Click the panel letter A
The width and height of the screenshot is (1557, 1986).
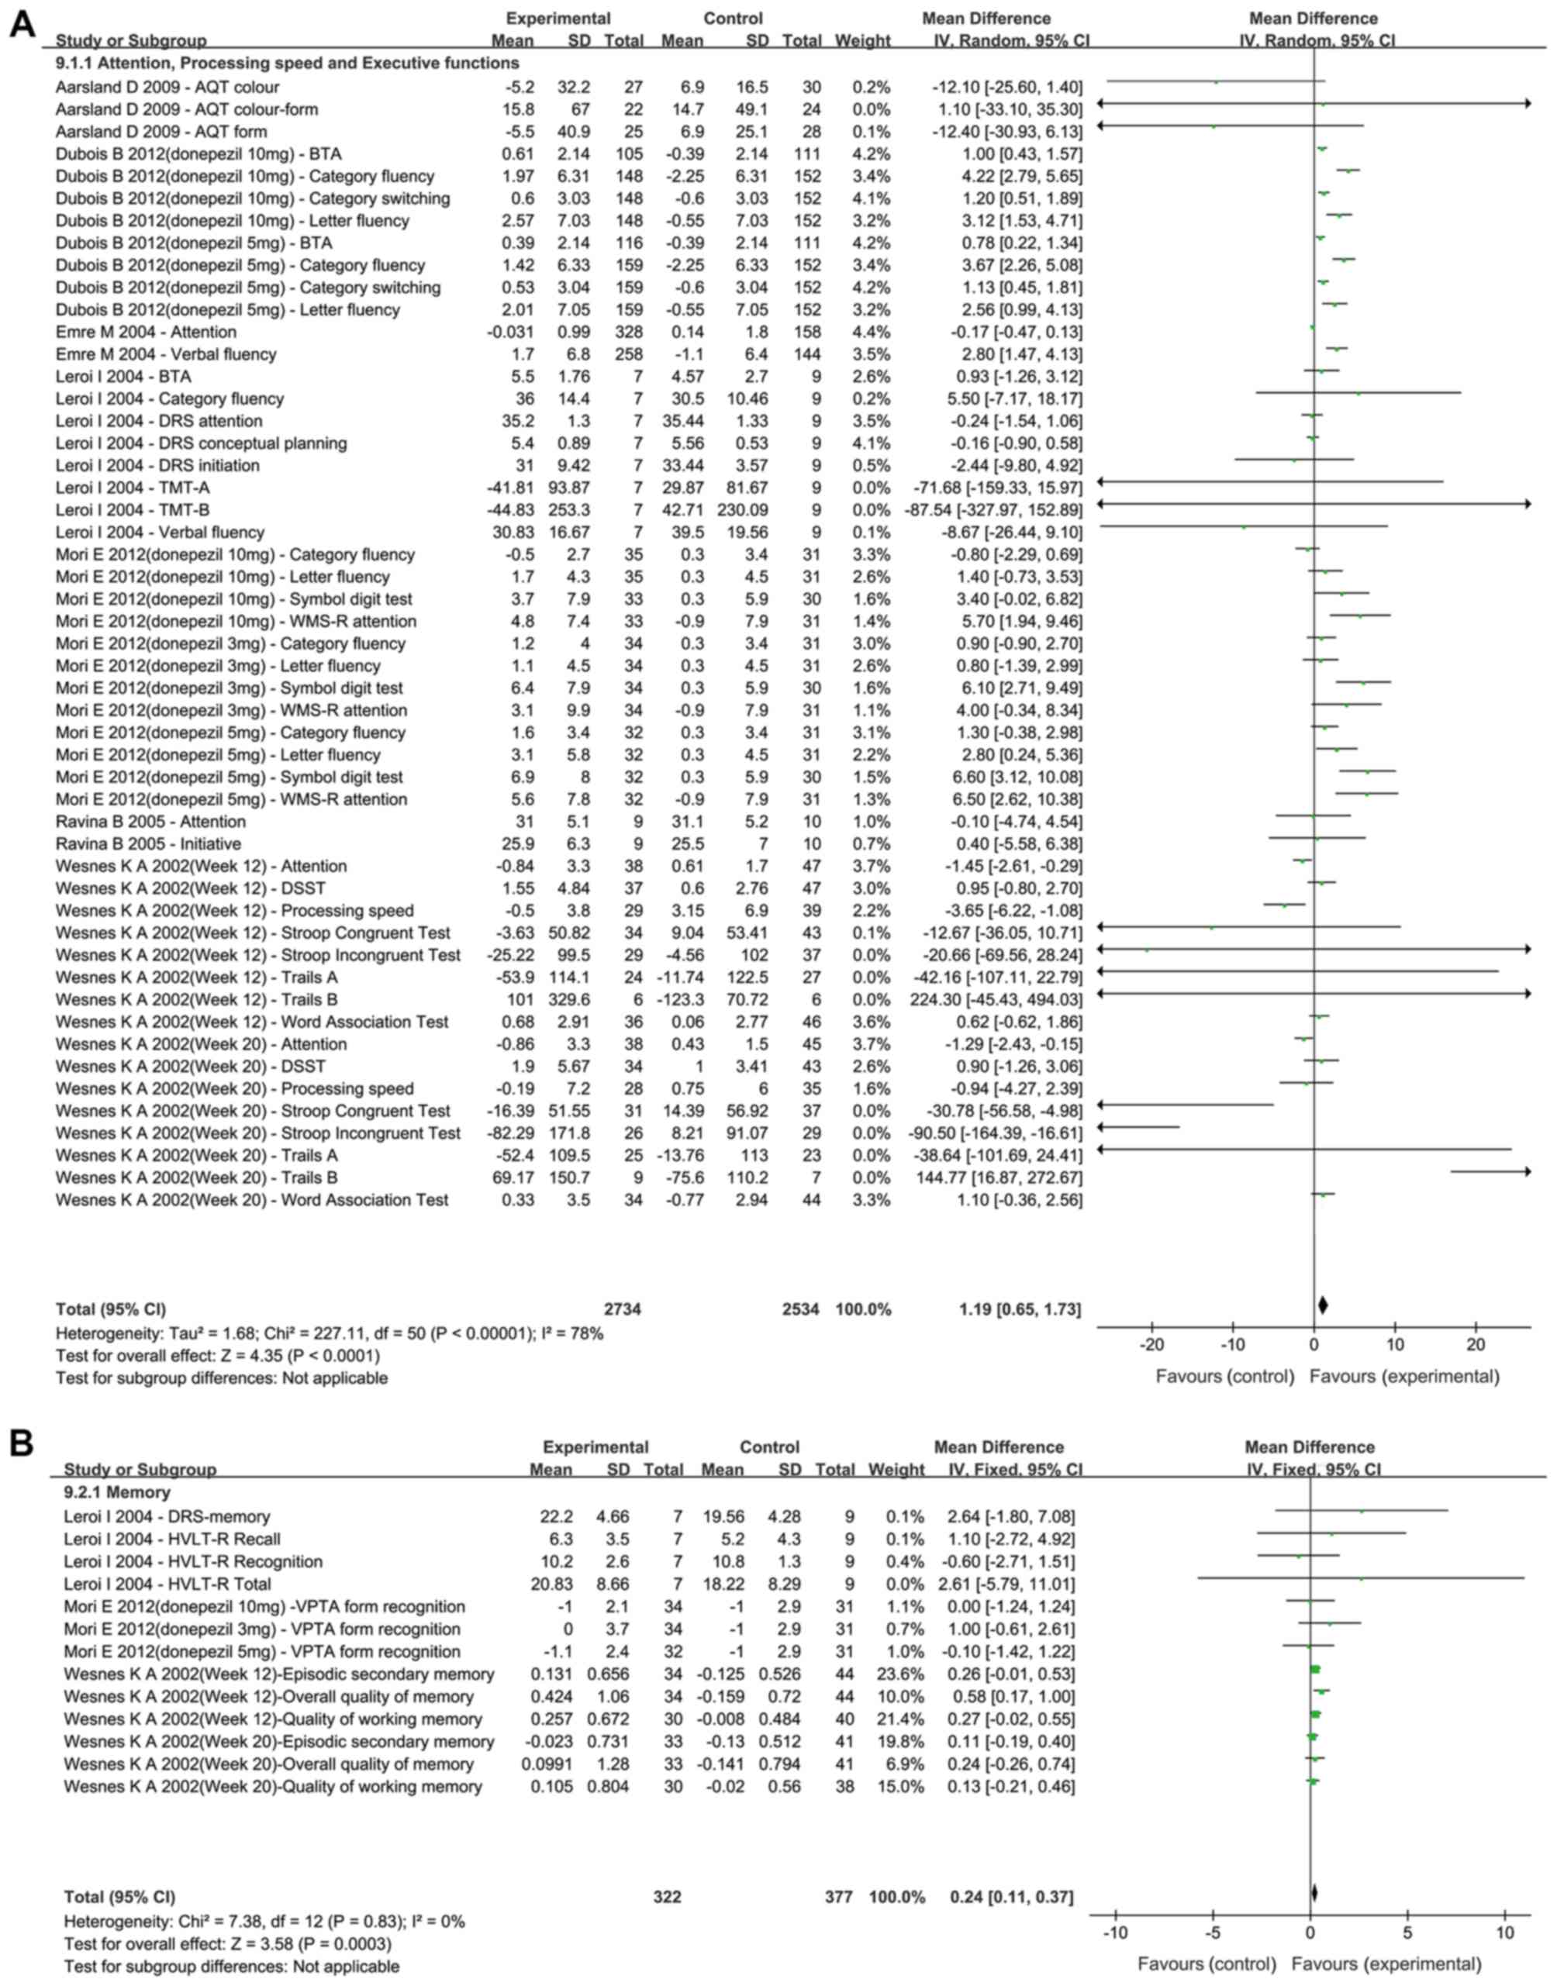coord(22,25)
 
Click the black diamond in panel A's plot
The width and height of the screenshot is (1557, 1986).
coord(1322,1305)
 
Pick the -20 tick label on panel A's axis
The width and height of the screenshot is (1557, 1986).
coord(1151,1345)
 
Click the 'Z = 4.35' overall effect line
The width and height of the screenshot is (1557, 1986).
coord(218,1355)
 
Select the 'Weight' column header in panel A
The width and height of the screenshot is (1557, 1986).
coord(862,40)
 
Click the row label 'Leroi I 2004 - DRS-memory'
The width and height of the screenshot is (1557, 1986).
coord(167,1516)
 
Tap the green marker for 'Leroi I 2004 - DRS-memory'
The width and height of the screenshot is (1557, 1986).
coord(1362,1512)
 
